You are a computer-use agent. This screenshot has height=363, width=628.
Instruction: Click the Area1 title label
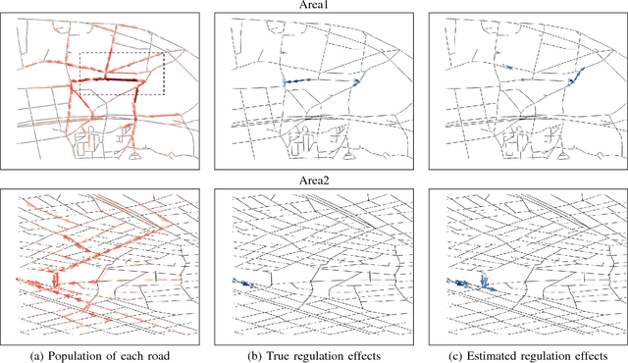click(x=313, y=5)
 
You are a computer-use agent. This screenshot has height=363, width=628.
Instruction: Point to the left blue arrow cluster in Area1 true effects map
click(x=292, y=81)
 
